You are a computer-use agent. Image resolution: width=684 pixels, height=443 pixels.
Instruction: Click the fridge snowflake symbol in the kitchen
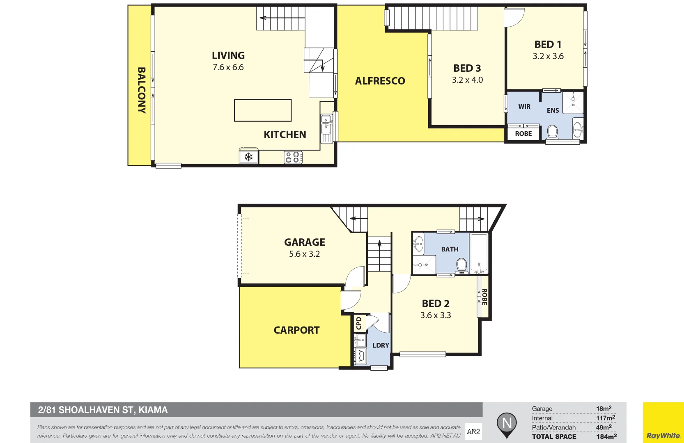point(248,157)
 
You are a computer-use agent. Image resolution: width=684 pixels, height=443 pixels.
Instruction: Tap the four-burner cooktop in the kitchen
point(293,158)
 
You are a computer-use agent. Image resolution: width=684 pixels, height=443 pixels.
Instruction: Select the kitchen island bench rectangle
point(263,110)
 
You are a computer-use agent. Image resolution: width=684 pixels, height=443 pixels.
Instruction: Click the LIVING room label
point(228,55)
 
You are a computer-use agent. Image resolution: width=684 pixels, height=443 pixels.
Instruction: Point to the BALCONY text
point(141,90)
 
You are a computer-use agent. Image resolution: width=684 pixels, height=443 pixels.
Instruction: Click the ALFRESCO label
point(380,81)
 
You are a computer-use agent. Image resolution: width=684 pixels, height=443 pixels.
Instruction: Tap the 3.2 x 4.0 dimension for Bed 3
point(467,80)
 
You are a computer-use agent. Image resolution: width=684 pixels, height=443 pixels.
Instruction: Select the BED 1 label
point(548,44)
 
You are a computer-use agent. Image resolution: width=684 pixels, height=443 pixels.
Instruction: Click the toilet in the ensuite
point(552,132)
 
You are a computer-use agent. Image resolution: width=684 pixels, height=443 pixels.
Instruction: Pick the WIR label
point(524,107)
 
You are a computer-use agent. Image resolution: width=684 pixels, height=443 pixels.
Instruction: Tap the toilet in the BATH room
point(461,265)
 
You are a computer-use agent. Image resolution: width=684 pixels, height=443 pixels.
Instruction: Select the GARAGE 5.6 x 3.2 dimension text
point(304,254)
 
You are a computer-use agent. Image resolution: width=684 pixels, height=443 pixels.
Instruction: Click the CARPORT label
point(296,330)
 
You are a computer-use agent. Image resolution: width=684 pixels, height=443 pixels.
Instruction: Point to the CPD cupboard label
point(359,323)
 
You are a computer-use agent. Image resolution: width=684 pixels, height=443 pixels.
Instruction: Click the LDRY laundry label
point(381,345)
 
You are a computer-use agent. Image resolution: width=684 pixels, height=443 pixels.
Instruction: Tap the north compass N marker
point(507,423)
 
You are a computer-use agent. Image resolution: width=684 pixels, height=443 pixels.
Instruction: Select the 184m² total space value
point(606,436)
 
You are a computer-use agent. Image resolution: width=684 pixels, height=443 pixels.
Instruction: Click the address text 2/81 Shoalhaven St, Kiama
point(103,410)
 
